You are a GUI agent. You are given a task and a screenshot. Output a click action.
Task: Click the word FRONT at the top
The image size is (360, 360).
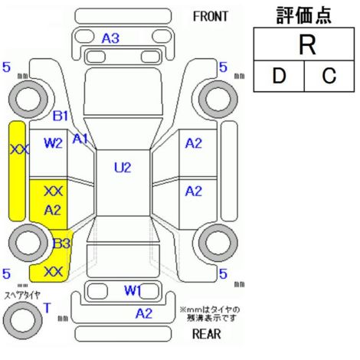(210, 17)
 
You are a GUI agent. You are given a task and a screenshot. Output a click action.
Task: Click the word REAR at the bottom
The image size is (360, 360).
(207, 334)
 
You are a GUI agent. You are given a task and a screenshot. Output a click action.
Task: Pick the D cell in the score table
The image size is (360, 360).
(279, 76)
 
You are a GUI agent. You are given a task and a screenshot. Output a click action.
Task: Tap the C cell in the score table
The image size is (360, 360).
(329, 76)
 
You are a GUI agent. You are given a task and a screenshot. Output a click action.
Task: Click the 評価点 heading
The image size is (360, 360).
(304, 15)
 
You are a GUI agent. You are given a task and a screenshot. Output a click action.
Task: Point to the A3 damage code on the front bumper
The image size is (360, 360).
(110, 38)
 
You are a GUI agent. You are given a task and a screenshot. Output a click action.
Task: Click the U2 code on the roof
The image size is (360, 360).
(123, 168)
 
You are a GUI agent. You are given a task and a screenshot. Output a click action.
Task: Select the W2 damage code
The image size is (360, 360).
(53, 143)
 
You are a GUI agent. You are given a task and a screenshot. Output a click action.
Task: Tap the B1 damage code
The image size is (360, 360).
(61, 116)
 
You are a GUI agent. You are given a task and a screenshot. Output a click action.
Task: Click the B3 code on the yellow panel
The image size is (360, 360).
(61, 244)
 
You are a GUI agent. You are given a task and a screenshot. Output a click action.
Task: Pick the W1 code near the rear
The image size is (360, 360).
(133, 290)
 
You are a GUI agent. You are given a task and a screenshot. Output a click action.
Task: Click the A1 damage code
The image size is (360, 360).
(80, 139)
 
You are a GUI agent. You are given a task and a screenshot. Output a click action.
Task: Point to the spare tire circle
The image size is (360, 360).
(23, 321)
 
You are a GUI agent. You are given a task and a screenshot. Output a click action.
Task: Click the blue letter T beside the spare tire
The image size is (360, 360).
(47, 308)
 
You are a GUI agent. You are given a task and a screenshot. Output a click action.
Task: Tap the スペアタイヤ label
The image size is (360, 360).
(22, 296)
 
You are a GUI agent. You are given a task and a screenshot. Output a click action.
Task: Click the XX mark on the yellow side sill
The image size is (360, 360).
(19, 149)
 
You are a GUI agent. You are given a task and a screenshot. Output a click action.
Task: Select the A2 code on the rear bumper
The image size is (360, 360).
(144, 313)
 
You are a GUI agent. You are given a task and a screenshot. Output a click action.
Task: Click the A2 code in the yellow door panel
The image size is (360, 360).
(53, 210)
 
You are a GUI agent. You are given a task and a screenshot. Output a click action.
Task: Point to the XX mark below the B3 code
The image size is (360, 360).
(53, 272)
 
